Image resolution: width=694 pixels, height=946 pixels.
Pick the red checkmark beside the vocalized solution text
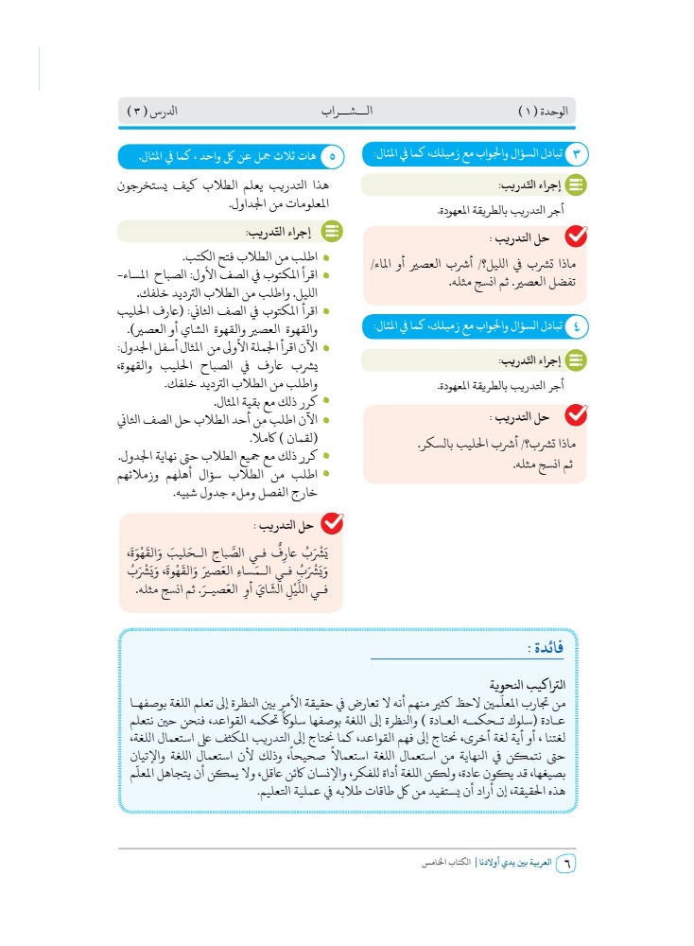pyautogui.click(x=332, y=524)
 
